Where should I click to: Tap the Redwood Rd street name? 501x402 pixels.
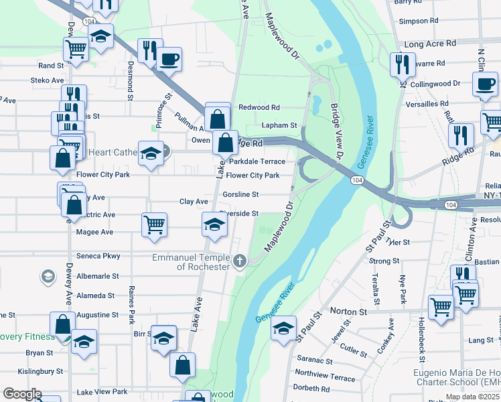pos(259,107)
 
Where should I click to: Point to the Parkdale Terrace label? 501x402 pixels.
pos(257,161)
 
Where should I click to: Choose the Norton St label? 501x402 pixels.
pos(349,312)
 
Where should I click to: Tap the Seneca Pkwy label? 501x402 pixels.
pos(98,256)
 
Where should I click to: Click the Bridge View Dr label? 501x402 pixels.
pos(336,131)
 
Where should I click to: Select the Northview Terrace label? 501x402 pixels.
pos(325,377)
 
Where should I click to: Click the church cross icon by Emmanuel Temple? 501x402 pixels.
pos(239,261)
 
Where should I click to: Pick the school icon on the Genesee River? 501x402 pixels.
pos(284,327)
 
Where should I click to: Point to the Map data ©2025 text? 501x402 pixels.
pos(472,397)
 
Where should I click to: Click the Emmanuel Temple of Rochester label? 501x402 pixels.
pos(191,261)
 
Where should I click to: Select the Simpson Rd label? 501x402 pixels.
pos(418,21)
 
